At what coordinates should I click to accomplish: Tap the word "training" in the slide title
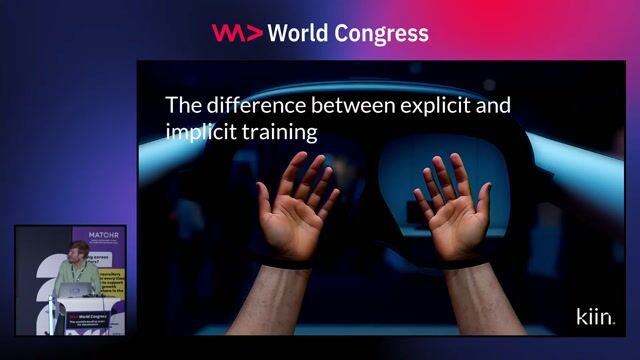[277, 131]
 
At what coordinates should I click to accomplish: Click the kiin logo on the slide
[594, 317]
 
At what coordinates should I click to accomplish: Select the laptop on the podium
[76, 290]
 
